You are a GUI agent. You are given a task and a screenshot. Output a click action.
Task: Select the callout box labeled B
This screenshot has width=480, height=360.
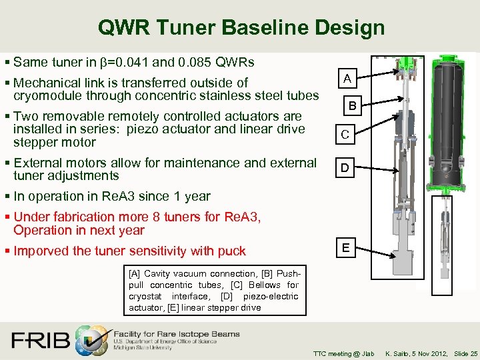tap(353, 106)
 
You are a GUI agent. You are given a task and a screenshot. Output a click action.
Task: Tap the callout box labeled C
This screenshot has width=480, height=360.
tap(345, 135)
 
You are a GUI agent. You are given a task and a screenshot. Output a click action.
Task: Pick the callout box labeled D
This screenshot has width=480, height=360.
tap(345, 168)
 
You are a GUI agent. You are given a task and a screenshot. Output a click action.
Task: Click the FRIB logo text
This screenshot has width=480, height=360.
tap(40, 340)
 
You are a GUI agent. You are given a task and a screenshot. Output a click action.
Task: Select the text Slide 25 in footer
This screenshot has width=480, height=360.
tap(465, 353)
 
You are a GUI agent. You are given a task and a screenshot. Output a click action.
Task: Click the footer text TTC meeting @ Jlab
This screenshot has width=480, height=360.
tap(343, 353)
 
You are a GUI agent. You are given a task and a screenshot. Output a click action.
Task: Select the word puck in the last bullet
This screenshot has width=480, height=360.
tap(231, 251)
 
